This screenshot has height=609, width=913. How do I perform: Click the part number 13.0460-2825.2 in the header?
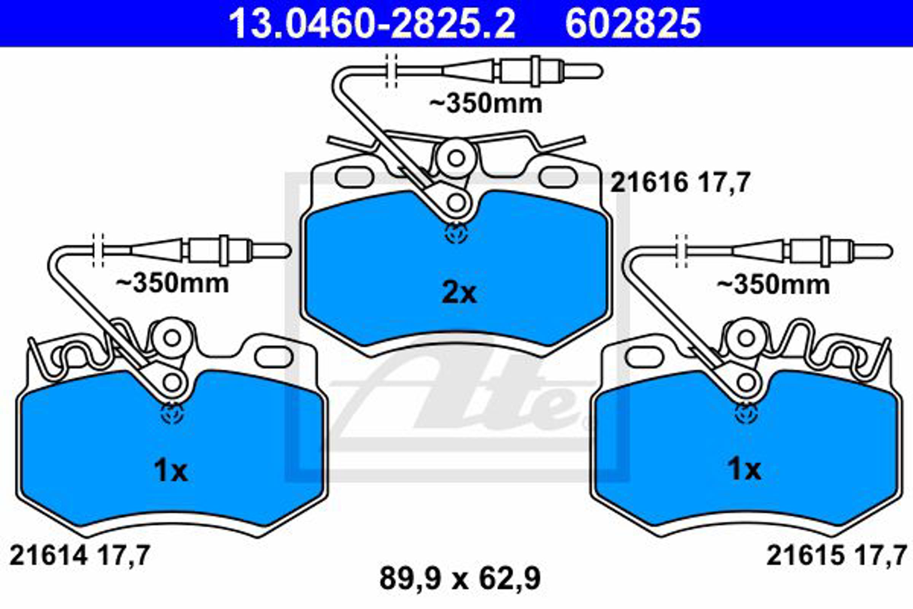tap(372, 24)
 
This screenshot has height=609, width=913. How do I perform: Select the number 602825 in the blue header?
tap(633, 24)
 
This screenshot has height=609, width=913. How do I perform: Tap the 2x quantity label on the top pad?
tap(459, 293)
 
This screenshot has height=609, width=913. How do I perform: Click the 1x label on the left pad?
tap(171, 471)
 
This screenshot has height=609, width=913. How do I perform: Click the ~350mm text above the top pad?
tap(485, 104)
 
